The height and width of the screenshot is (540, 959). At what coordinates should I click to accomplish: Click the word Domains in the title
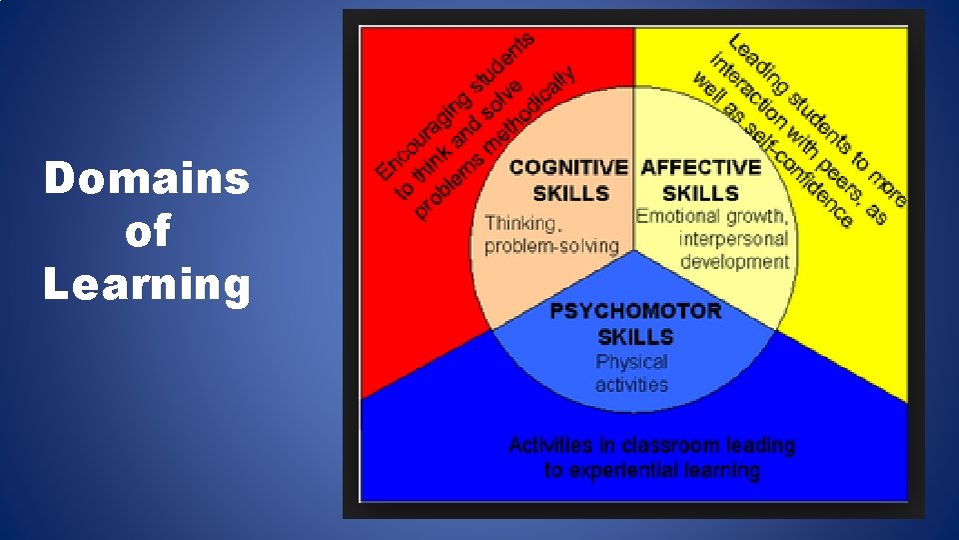[147, 180]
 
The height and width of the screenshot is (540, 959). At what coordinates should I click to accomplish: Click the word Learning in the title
[147, 285]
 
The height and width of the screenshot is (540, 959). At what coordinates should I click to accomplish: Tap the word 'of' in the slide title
[147, 232]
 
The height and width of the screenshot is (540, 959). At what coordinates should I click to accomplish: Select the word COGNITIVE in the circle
[568, 167]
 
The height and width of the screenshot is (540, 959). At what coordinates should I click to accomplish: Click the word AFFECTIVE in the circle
[701, 167]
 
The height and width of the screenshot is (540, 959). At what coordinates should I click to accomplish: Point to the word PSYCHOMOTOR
[635, 311]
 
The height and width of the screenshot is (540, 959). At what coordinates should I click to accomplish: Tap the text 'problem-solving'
[551, 246]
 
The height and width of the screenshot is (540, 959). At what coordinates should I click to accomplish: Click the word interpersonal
[733, 239]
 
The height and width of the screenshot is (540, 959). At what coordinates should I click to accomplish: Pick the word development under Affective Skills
[734, 262]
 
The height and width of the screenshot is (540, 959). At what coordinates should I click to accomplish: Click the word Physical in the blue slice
[631, 361]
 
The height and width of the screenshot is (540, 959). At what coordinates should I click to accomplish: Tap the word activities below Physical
[631, 384]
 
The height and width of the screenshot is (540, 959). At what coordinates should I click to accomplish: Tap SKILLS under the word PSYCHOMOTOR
[635, 336]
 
